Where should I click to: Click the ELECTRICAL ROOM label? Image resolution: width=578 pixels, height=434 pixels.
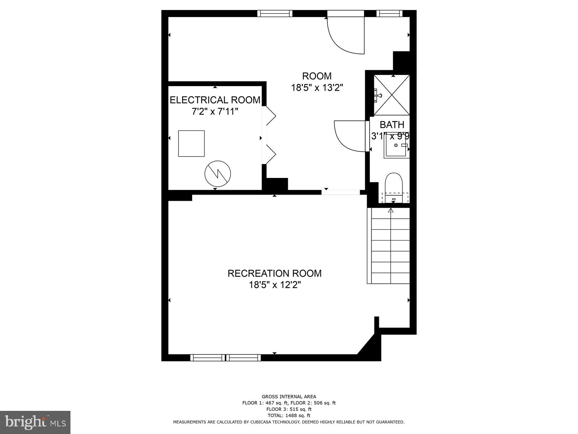pos(215,100)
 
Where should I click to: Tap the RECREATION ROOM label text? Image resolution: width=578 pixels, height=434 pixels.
pos(274,273)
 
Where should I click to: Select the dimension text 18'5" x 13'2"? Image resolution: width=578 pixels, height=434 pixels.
pos(317,88)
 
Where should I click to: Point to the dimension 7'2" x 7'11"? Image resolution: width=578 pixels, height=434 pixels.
pos(215,111)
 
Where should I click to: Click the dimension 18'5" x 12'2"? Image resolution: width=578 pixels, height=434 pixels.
pos(274,285)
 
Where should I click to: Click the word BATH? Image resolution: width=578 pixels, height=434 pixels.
pos(392,125)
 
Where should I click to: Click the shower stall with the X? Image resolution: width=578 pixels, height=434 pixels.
pos(392,95)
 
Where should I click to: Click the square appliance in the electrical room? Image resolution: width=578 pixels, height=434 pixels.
pos(191,144)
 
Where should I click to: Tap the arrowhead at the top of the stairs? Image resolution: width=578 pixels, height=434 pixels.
pos(391,210)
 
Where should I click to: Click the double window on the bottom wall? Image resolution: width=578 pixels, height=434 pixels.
pos(225,358)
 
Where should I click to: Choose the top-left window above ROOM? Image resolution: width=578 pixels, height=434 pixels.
pos(275,13)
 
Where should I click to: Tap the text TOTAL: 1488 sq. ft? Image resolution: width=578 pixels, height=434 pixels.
pos(289,416)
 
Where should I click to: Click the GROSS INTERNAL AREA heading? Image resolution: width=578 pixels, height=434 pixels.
pos(289,397)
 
